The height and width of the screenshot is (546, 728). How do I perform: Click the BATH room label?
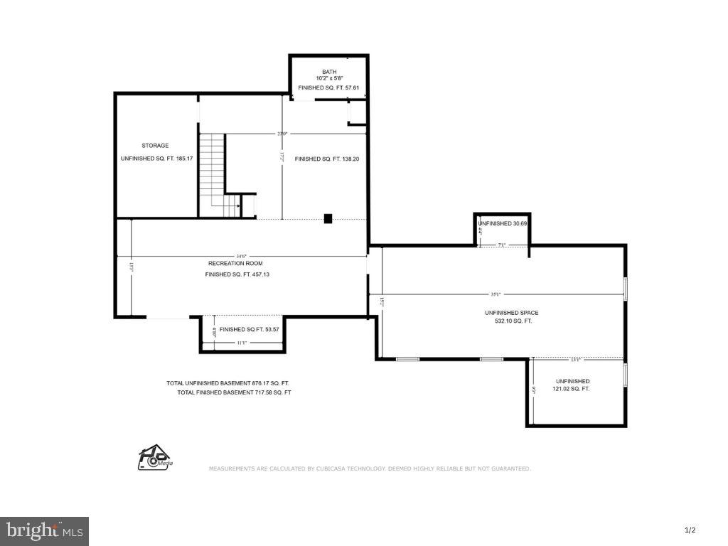point(329,71)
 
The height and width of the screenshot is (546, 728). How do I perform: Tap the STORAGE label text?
point(155,145)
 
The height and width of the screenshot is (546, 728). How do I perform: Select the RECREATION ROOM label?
point(235,263)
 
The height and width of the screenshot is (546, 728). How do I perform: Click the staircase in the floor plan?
point(212,174)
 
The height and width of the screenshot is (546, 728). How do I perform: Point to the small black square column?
point(328,218)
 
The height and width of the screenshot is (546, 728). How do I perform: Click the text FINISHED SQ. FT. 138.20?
point(327,159)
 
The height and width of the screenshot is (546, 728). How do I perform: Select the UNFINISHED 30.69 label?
point(503,223)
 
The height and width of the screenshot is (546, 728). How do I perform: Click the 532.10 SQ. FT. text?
point(508,321)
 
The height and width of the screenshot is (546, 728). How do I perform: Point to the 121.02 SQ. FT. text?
point(571,389)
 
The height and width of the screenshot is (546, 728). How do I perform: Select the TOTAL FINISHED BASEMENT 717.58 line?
point(234,392)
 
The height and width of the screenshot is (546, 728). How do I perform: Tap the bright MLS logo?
point(44,530)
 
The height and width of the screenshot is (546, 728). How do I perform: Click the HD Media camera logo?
point(154,458)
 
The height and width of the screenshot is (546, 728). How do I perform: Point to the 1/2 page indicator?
point(689,530)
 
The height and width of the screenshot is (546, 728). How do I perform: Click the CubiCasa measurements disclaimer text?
point(369,469)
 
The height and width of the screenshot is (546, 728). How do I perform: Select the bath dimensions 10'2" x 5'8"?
point(329,78)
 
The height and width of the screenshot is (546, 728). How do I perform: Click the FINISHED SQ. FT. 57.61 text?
point(329,87)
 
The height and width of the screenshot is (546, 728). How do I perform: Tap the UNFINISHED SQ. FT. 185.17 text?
point(157,158)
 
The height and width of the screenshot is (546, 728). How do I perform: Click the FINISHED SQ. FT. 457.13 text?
point(237,274)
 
